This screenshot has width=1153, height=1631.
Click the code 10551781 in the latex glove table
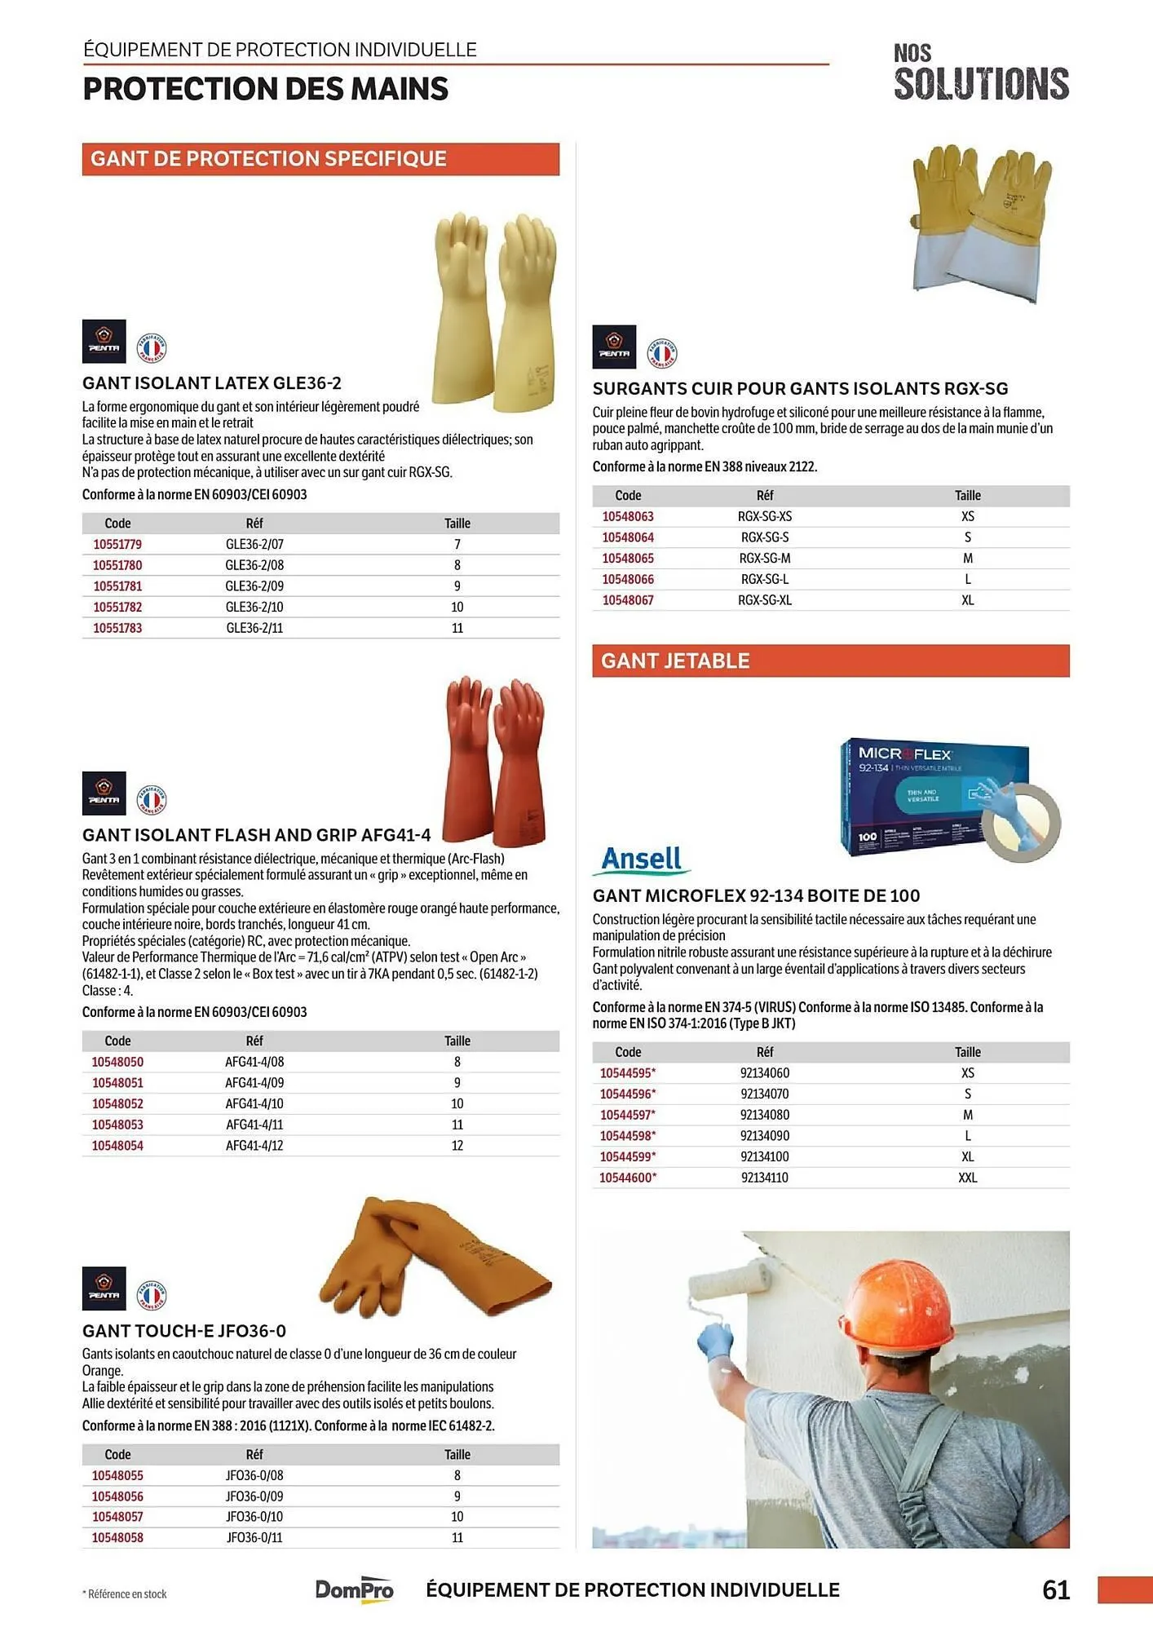(x=117, y=586)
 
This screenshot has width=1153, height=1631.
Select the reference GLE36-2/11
(x=254, y=628)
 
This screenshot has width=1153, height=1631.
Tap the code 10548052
(x=117, y=1103)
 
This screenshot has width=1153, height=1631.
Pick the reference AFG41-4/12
(x=254, y=1146)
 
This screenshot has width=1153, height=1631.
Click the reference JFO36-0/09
(x=254, y=1496)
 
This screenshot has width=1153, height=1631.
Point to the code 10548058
(x=117, y=1538)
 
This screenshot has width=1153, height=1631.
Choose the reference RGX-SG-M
(x=764, y=559)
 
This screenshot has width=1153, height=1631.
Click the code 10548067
(x=628, y=600)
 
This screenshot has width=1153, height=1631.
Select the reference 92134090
(x=764, y=1136)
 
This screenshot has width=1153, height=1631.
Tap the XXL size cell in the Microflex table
(x=967, y=1178)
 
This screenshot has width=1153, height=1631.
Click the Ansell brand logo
(x=643, y=860)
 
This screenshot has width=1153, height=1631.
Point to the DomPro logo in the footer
(x=355, y=1589)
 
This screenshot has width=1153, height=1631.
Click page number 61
(x=1056, y=1589)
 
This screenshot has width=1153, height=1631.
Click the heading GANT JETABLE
(x=675, y=661)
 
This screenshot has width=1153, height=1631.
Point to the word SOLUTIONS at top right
(x=981, y=84)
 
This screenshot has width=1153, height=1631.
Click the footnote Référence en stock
(x=127, y=1594)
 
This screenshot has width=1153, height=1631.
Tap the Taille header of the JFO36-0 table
(x=457, y=1455)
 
